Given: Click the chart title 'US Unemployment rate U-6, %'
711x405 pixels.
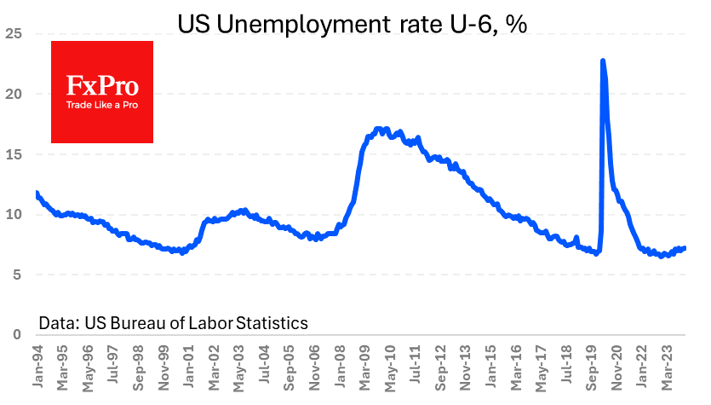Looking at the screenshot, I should [353, 23].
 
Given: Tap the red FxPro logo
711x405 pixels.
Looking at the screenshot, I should [102, 91].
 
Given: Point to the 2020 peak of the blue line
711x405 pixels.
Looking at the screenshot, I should [603, 61].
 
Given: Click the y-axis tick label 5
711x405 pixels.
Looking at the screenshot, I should [16, 275].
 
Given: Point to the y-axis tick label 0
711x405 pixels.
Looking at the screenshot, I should [16, 334].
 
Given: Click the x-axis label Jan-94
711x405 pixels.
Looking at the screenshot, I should [37, 367].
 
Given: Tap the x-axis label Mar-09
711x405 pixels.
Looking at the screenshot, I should [364, 367].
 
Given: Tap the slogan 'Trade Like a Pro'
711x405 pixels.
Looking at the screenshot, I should [102, 106].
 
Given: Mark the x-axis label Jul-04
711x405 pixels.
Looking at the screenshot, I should [266, 367].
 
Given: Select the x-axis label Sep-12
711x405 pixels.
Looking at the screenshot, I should [442, 367].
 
